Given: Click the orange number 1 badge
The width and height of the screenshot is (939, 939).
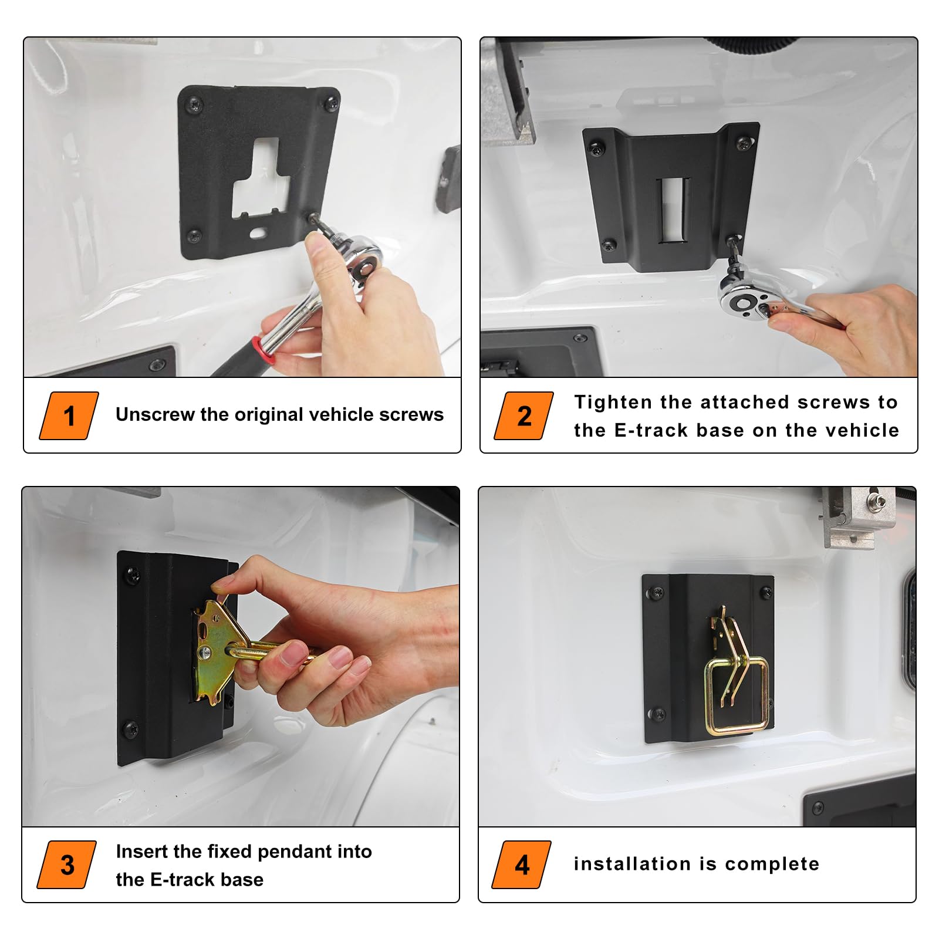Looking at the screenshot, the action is click(69, 416).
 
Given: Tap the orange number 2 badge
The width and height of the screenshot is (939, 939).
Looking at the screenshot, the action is click(524, 416).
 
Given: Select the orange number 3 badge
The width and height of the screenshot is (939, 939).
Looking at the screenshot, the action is click(67, 864).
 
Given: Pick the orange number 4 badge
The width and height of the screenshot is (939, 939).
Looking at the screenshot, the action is click(522, 864).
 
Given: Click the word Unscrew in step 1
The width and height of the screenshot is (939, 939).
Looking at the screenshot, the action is click(155, 414).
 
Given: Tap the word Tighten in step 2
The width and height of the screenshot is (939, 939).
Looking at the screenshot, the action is click(614, 402).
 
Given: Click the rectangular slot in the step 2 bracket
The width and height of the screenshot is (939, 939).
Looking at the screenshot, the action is click(673, 210).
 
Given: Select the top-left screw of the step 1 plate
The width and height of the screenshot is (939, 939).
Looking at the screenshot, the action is click(194, 106).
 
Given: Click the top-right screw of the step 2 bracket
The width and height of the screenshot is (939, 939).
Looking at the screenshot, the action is click(743, 143).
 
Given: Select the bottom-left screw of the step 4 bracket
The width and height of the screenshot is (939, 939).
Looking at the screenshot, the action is click(658, 714).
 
